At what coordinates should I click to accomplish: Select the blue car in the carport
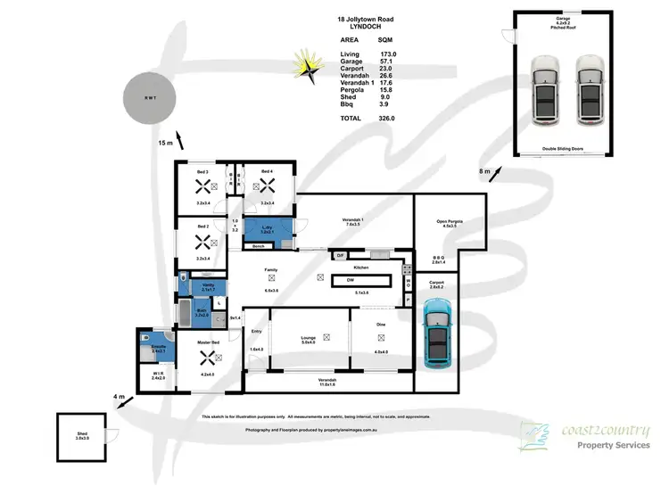[439, 334]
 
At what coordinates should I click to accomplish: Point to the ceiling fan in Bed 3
[202, 186]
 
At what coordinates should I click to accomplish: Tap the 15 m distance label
[165, 143]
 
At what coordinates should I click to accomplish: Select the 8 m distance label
[485, 171]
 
